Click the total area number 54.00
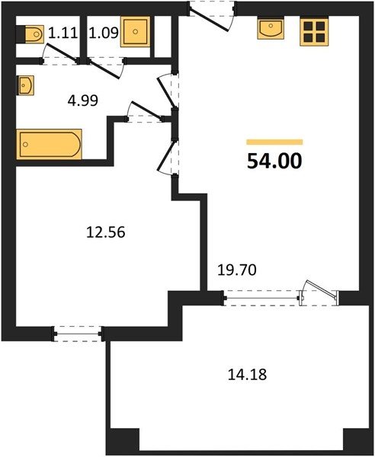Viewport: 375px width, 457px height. point(274,161)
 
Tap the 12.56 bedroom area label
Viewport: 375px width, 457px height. point(105,232)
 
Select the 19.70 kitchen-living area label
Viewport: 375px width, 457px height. point(237,270)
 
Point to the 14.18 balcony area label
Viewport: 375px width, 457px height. point(247,375)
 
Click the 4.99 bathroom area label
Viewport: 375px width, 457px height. point(83,101)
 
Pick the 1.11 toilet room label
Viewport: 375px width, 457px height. point(63,33)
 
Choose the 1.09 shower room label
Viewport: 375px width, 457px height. point(104,33)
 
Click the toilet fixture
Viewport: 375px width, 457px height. point(30,34)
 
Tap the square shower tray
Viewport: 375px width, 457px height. point(136,32)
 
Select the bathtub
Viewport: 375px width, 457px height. point(50,144)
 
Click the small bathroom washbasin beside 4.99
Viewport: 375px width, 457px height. point(26,85)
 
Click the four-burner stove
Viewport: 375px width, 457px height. point(314,31)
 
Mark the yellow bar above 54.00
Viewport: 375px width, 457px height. point(274,142)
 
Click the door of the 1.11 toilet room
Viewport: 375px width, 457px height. point(60,53)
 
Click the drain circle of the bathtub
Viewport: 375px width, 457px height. point(26,144)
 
